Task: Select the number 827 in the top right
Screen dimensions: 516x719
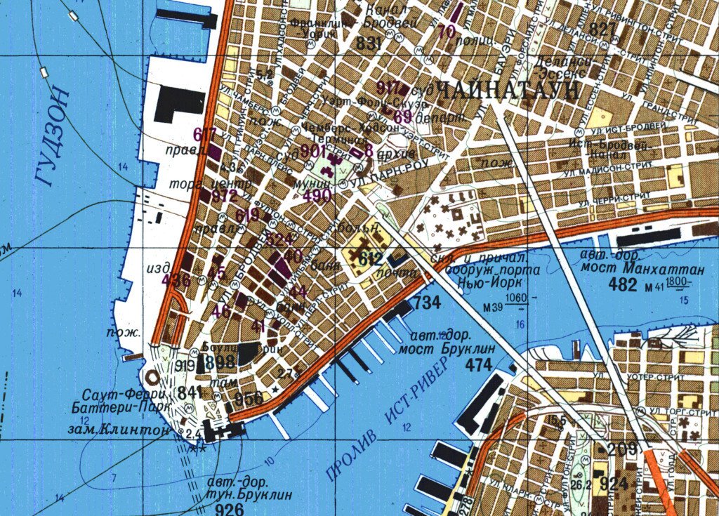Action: point(602,29)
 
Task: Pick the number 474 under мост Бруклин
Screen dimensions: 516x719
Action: point(479,364)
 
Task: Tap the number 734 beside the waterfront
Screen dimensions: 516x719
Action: point(428,303)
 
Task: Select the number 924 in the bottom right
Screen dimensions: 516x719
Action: point(614,483)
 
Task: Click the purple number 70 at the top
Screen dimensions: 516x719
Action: point(446,32)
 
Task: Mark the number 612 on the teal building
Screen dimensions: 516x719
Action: point(369,259)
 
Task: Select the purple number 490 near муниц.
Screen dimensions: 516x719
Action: point(317,196)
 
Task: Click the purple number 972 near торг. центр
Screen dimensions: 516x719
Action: point(224,196)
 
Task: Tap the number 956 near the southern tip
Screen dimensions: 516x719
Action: point(249,398)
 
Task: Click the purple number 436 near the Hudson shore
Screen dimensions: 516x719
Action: point(176,280)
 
